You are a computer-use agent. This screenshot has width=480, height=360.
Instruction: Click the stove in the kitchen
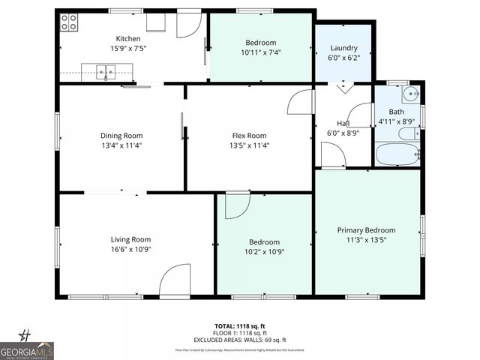pyautogui.click(x=69, y=22)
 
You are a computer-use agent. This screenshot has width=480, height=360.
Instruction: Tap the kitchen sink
pyautogui.click(x=105, y=73)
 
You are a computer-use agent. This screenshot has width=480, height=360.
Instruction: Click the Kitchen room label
pyautogui.click(x=127, y=39)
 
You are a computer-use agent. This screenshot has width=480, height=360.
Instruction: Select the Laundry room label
pyautogui.click(x=343, y=48)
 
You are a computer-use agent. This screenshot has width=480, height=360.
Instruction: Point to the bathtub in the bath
pyautogui.click(x=398, y=154)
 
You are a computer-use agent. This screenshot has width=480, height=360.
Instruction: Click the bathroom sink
pyautogui.click(x=409, y=94)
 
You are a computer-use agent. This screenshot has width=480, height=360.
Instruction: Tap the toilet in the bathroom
pyautogui.click(x=408, y=134)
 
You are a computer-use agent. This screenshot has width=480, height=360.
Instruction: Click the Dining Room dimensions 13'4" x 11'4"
pyautogui.click(x=121, y=145)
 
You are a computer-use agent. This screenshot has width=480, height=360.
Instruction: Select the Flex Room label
pyautogui.click(x=250, y=135)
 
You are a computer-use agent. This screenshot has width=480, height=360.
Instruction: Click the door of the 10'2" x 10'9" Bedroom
pyautogui.click(x=236, y=205)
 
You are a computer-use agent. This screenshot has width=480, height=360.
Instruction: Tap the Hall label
pyautogui.click(x=343, y=123)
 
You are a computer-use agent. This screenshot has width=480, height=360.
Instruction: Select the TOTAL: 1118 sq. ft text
pyautogui.click(x=241, y=326)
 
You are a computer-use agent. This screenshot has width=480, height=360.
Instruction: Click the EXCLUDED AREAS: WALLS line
pyautogui.click(x=241, y=340)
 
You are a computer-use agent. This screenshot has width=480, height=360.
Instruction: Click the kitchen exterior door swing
pyautogui.click(x=189, y=25)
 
